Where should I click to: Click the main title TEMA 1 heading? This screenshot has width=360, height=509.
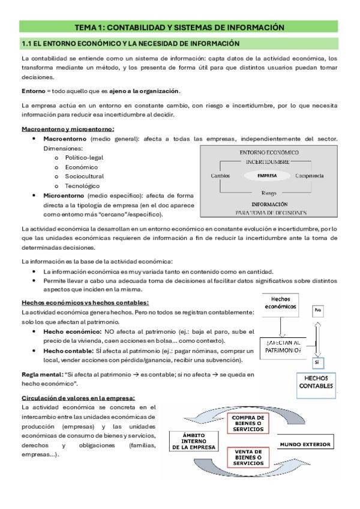coord(179,27)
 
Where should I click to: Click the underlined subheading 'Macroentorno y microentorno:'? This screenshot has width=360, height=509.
coord(68,129)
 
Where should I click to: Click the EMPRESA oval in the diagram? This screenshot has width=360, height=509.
coord(266,176)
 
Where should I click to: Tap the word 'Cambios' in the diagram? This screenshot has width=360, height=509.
coord(221,176)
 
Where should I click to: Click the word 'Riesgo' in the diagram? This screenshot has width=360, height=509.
coord(269,193)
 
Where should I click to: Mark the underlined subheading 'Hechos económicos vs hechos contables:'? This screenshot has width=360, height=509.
coord(85,302)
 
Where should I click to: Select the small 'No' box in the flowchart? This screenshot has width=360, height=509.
coord(318,311)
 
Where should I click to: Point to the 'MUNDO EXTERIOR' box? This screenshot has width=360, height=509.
coord(305,444)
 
